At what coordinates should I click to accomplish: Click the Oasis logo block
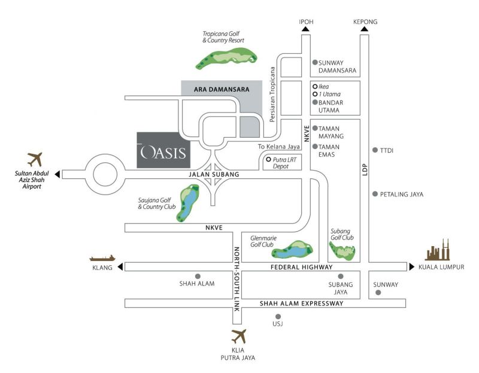[163, 150]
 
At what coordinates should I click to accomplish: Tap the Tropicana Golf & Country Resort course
[228, 58]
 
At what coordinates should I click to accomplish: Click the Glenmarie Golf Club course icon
[293, 248]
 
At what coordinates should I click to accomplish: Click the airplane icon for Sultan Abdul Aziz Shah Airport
[36, 160]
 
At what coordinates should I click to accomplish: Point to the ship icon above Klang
[102, 258]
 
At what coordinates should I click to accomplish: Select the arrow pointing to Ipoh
[306, 29]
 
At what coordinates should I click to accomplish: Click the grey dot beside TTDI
[375, 150]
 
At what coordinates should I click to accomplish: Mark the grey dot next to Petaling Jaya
[375, 194]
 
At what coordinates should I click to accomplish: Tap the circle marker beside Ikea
[315, 86]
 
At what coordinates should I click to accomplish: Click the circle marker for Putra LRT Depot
[268, 159]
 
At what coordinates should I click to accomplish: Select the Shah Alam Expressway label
[301, 304]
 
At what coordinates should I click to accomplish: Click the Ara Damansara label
[222, 89]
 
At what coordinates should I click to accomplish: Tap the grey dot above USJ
[277, 316]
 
